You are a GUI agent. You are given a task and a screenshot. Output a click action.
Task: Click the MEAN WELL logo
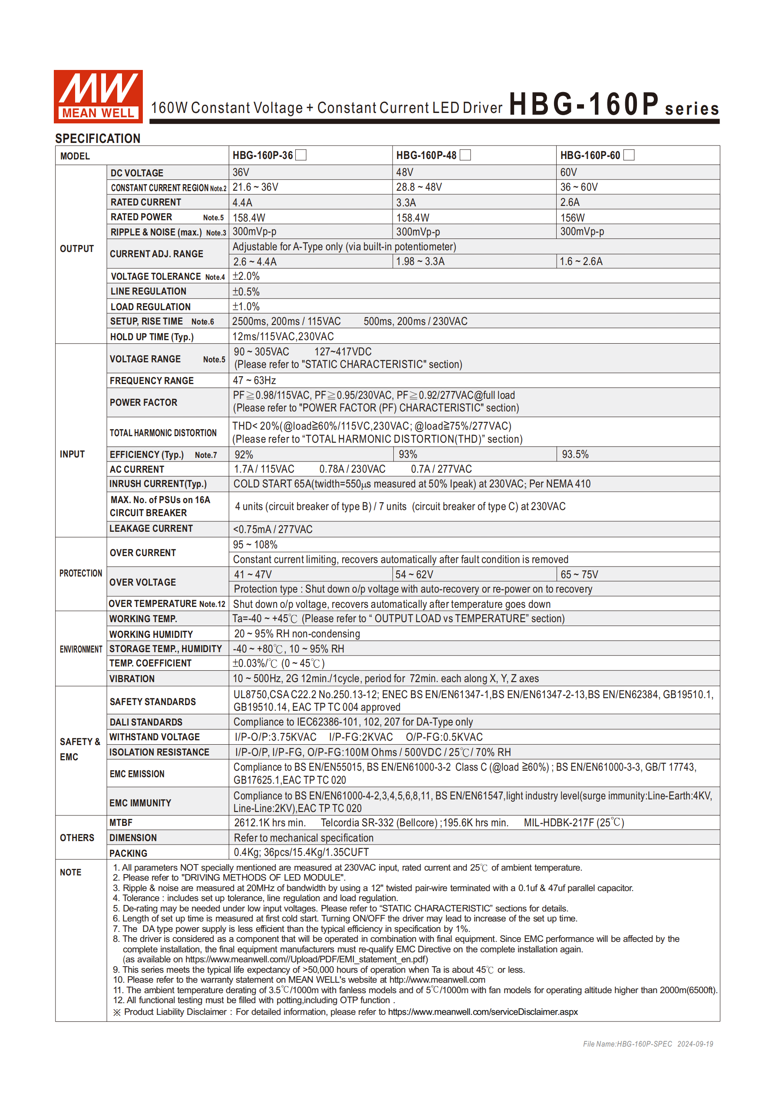tap(98, 96)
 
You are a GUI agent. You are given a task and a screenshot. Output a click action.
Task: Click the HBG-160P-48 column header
tap(426, 155)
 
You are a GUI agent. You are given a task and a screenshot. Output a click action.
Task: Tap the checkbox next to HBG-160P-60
tap(630, 155)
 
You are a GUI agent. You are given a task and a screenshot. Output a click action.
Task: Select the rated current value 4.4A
tap(243, 202)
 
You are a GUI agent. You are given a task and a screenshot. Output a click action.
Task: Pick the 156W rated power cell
tap(572, 218)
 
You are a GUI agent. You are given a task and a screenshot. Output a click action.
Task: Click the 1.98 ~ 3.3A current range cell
tap(420, 262)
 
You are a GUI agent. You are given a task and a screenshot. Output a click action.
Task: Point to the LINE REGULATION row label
tap(148, 292)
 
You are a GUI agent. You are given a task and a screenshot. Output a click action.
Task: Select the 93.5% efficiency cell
tap(575, 454)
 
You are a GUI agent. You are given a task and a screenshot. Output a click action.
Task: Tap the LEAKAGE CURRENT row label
tap(151, 528)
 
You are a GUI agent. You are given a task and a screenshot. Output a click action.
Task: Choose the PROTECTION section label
tap(81, 573)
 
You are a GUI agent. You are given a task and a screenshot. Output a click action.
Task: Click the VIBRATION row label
tap(132, 679)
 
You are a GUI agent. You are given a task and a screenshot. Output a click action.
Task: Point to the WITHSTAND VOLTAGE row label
tap(154, 737)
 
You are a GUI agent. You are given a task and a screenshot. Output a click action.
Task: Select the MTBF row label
tap(121, 822)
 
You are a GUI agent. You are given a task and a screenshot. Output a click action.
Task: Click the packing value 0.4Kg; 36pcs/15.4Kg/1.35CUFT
tap(301, 852)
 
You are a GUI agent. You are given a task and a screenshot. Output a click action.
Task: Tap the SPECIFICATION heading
tap(97, 139)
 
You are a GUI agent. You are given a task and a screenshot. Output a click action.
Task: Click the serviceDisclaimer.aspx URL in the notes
tap(482, 1011)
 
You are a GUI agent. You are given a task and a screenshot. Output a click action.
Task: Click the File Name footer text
tap(647, 1044)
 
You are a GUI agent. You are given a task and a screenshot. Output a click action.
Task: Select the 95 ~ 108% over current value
tap(255, 545)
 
